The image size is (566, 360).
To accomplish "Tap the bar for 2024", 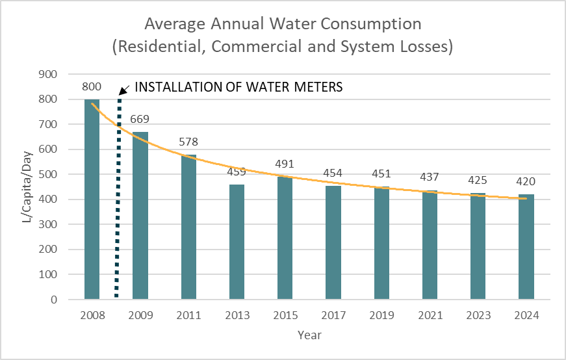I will click(x=526, y=247).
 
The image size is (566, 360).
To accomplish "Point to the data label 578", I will click(x=188, y=142).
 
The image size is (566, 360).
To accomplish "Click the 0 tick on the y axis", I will click(x=68, y=300).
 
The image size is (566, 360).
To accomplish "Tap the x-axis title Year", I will click(x=309, y=335).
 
